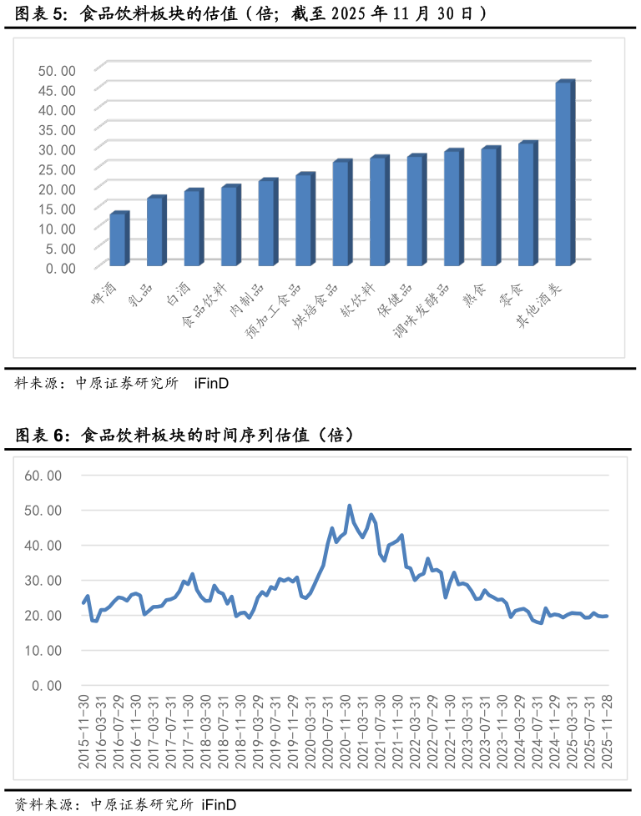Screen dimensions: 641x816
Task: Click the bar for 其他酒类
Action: tap(565, 174)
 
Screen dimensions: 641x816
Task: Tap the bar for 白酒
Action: tap(194, 228)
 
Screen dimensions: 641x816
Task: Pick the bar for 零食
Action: tap(528, 204)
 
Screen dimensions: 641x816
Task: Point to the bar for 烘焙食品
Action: tap(342, 213)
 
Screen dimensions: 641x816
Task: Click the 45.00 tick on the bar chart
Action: tap(58, 91)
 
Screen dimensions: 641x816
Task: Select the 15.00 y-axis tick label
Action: tap(58, 209)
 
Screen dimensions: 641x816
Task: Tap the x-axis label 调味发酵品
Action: tap(421, 310)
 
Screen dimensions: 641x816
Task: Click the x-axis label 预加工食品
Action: tap(274, 310)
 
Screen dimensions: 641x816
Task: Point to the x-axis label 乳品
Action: tap(140, 295)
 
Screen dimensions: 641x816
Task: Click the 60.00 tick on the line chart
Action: tap(43, 476)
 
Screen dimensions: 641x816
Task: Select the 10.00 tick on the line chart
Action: tap(43, 651)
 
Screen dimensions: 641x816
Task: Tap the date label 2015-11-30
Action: tap(83, 732)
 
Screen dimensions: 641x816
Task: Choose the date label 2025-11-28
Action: tap(607, 732)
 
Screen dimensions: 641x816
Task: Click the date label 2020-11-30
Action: tap(346, 732)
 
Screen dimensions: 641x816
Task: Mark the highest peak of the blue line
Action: tap(350, 506)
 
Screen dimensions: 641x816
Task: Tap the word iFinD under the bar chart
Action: tap(211, 384)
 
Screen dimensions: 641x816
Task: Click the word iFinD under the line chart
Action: tap(219, 804)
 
